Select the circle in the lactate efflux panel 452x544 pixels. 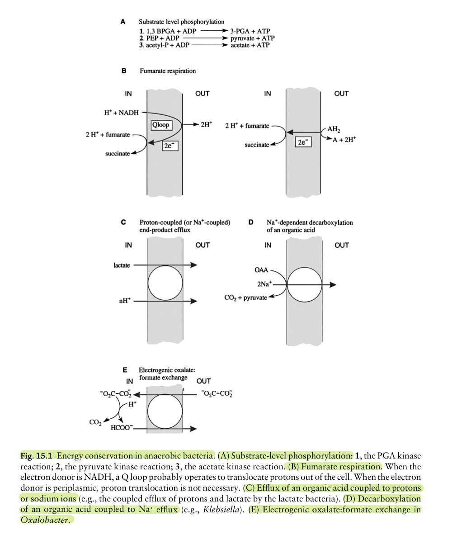coord(165,283)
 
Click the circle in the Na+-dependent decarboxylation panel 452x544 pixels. coord(304,285)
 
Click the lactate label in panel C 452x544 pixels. coord(121,265)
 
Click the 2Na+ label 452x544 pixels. coord(264,284)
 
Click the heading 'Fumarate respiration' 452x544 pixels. coord(168,71)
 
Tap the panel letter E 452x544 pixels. coord(125,370)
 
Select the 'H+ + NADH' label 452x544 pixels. coord(121,113)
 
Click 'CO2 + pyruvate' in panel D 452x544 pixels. coord(245,298)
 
